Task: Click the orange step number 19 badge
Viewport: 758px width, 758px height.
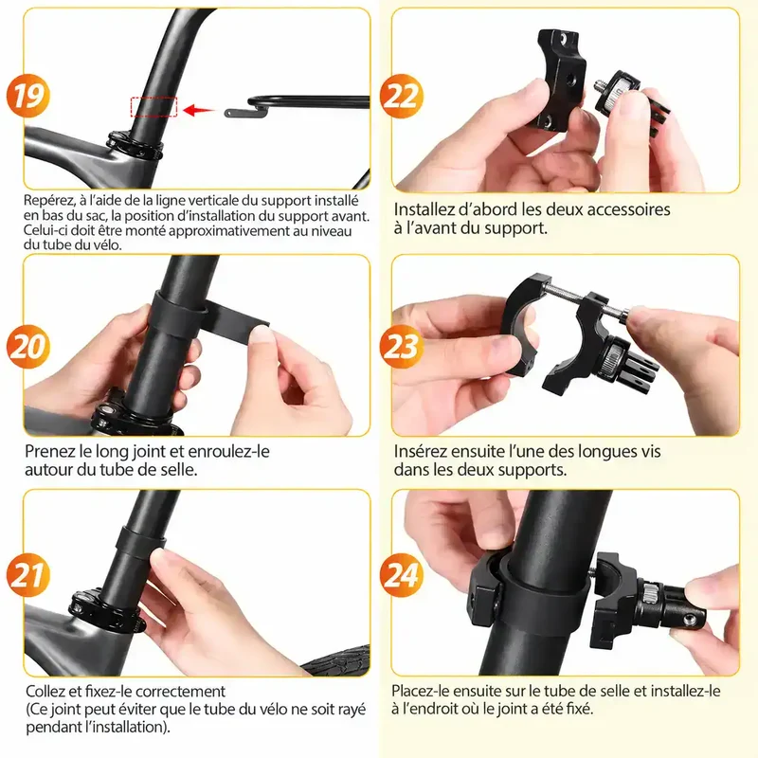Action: tap(28, 96)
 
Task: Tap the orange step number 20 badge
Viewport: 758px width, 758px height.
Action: tap(28, 347)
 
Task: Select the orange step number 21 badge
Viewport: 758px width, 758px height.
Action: tap(28, 575)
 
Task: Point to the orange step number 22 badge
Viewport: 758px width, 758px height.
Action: tap(401, 96)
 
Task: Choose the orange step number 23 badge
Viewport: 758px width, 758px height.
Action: tap(401, 347)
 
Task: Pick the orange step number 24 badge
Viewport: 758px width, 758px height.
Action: tap(401, 575)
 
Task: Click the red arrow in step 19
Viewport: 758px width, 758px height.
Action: tap(199, 110)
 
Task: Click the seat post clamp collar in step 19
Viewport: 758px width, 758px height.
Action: tap(135, 145)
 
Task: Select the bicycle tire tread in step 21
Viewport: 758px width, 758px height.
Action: tap(338, 659)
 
